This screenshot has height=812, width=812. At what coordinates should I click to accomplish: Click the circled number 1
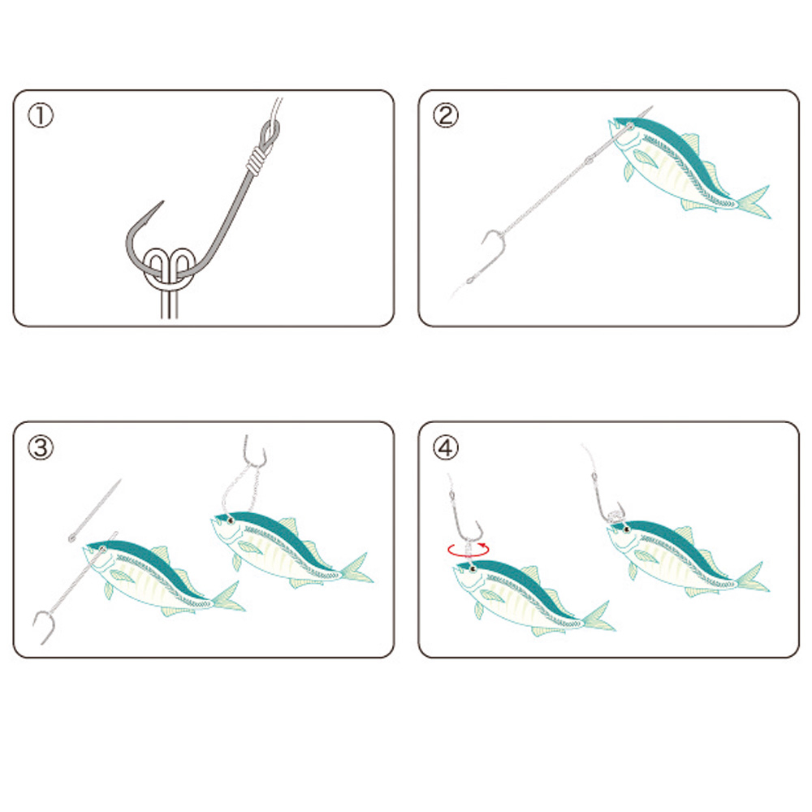pyautogui.click(x=41, y=115)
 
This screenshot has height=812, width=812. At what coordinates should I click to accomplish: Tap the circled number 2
pyautogui.click(x=445, y=115)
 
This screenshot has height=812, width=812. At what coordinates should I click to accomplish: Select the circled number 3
pyautogui.click(x=41, y=447)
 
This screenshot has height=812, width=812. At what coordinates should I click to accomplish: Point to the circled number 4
pyautogui.click(x=445, y=447)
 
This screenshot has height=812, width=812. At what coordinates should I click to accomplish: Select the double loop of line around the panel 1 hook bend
pyautogui.click(x=170, y=268)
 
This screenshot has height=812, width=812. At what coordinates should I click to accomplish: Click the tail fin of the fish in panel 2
pyautogui.click(x=753, y=202)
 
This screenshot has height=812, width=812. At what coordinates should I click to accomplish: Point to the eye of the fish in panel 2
pyautogui.click(x=630, y=127)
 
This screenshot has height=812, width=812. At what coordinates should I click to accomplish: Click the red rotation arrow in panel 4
pyautogui.click(x=469, y=550)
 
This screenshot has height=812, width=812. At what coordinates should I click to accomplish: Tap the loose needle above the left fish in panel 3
pyautogui.click(x=95, y=510)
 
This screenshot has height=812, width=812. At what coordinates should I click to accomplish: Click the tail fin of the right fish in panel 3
pyautogui.click(x=356, y=568)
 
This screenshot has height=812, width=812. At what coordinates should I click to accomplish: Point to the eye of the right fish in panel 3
pyautogui.click(x=230, y=520)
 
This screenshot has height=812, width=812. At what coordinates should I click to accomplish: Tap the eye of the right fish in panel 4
pyautogui.click(x=626, y=529)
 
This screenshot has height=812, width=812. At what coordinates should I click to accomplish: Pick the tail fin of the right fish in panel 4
pyautogui.click(x=752, y=577)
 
